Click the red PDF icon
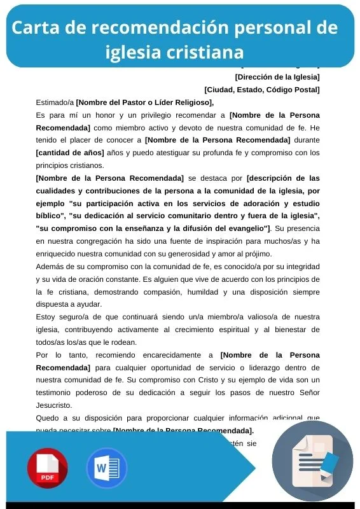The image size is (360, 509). (48, 468)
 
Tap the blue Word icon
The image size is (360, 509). (106, 468)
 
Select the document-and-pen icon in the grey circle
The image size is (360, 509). (312, 461)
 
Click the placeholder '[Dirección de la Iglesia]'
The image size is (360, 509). (277, 78)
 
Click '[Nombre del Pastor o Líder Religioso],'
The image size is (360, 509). (145, 102)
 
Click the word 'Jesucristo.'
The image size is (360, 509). (54, 405)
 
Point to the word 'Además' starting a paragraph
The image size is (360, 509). (50, 266)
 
